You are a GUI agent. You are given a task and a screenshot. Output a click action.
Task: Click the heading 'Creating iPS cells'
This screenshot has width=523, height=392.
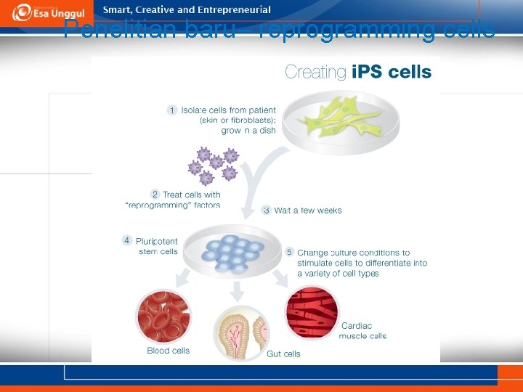[358, 72]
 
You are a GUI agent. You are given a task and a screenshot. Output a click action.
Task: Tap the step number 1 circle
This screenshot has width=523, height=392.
[172, 110]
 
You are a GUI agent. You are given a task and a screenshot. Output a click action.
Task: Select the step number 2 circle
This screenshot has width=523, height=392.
[155, 195]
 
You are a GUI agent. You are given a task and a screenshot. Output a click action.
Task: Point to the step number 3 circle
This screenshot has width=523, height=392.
[267, 210]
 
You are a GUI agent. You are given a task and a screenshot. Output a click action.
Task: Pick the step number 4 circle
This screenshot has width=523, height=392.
[127, 240]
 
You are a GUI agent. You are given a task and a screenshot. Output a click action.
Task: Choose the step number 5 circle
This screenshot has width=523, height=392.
[289, 252]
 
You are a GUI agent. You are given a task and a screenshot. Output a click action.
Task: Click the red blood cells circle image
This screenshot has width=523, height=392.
[163, 314]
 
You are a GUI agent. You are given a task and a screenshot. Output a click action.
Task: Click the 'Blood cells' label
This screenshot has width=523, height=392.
[168, 351]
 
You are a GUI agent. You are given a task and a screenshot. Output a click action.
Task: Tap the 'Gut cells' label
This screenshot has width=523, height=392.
[283, 354]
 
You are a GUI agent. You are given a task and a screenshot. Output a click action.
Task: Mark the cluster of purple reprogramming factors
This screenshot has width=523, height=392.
[213, 165]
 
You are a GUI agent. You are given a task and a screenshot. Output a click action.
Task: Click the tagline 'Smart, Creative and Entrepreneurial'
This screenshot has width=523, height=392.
[187, 10]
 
